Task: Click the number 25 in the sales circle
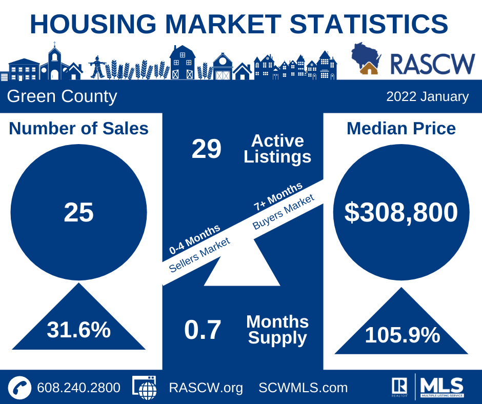[x=78, y=212]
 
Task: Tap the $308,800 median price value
[x=401, y=212]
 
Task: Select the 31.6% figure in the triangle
[x=78, y=330]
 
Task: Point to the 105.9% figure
[x=403, y=335]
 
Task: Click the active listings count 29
[x=206, y=149]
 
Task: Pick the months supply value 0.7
[x=203, y=330]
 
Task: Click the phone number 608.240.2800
[x=78, y=388]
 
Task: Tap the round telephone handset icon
[x=19, y=388]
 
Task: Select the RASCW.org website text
[x=206, y=388]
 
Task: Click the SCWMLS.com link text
[x=303, y=388]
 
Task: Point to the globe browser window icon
[x=145, y=388]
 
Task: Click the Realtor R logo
[x=399, y=387]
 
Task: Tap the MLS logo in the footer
[x=442, y=387]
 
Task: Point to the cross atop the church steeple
[x=54, y=44]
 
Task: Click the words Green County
[x=62, y=96]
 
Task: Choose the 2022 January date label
[x=428, y=96]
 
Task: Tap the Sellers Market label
[x=199, y=255]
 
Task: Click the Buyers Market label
[x=284, y=212]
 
